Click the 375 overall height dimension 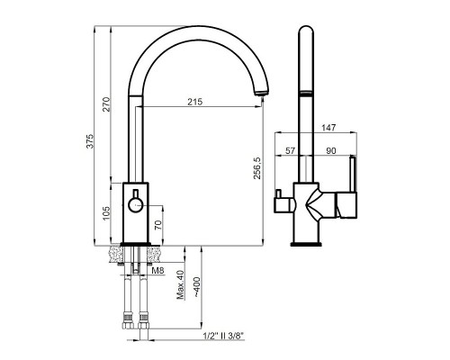[90, 141]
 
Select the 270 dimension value [107, 104]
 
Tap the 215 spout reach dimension [195, 102]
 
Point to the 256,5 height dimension [257, 168]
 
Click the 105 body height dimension [106, 213]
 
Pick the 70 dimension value [158, 224]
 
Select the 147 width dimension [328, 128]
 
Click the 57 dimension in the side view [290, 150]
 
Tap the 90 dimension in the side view [330, 150]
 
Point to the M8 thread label [157, 271]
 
